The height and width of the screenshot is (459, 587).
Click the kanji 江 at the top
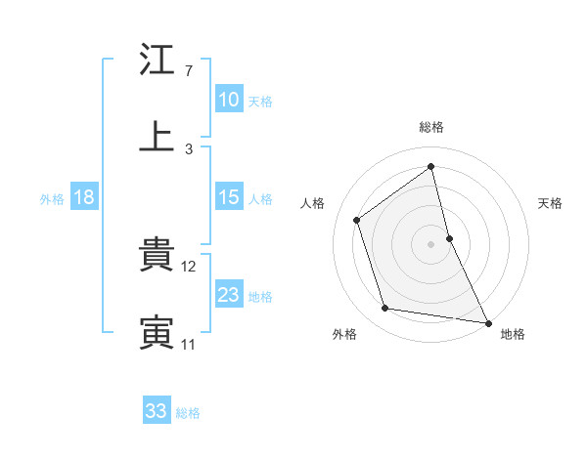tap(157, 61)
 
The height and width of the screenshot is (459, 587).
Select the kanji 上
tap(157, 137)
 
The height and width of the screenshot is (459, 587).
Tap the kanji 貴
tap(157, 256)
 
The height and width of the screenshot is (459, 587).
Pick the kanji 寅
tap(157, 332)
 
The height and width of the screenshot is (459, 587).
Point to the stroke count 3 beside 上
tap(188, 148)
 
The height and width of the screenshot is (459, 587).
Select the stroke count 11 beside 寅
tap(188, 344)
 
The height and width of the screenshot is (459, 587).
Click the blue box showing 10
tap(229, 100)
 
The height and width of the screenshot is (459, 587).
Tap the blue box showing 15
tap(229, 197)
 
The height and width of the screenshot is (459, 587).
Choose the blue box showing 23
tap(229, 295)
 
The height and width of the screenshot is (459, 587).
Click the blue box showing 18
tap(84, 197)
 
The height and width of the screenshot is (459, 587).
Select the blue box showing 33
tap(157, 411)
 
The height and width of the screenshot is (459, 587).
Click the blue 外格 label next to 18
tap(52, 199)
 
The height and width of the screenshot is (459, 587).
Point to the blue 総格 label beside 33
tap(188, 413)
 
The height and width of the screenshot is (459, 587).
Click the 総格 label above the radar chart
tap(431, 127)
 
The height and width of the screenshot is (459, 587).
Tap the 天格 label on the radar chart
tap(551, 203)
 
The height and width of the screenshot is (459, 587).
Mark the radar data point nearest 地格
tap(487, 321)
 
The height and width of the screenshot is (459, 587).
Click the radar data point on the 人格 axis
tap(357, 220)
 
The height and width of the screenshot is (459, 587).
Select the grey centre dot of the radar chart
tap(431, 243)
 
